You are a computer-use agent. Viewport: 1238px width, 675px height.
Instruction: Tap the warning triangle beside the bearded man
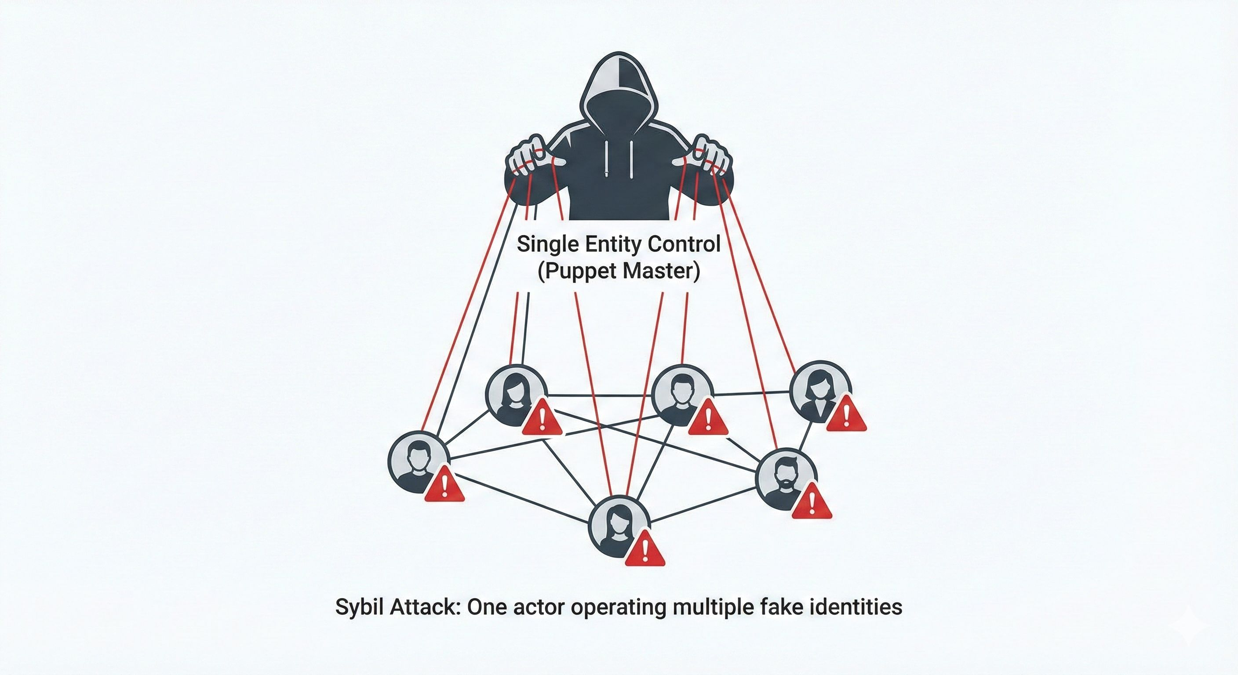coord(811,502)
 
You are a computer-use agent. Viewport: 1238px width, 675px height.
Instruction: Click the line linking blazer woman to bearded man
coord(805,435)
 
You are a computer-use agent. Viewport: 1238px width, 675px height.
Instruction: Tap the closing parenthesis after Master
coord(696,272)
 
